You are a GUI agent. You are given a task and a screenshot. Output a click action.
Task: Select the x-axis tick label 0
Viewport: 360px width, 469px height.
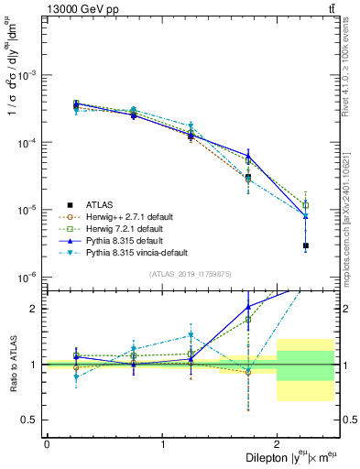[x=47, y=443]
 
